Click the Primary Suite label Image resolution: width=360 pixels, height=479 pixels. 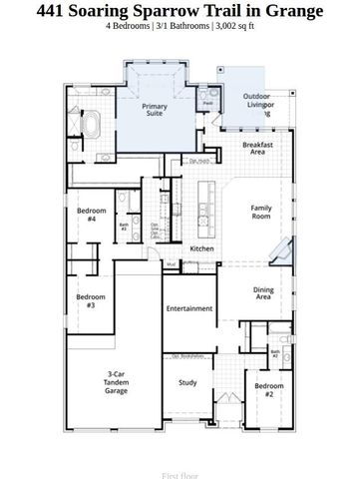[x=155, y=110]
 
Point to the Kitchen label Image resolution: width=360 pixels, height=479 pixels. [x=202, y=248]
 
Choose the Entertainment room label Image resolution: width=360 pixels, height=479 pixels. [x=189, y=308]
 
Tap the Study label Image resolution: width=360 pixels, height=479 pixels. [x=187, y=382]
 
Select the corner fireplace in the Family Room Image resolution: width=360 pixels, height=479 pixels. [x=286, y=252]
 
